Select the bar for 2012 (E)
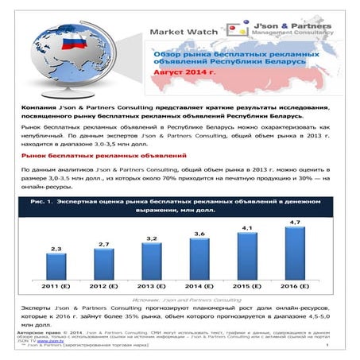click(x=104, y=265)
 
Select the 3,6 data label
click(x=200, y=234)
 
